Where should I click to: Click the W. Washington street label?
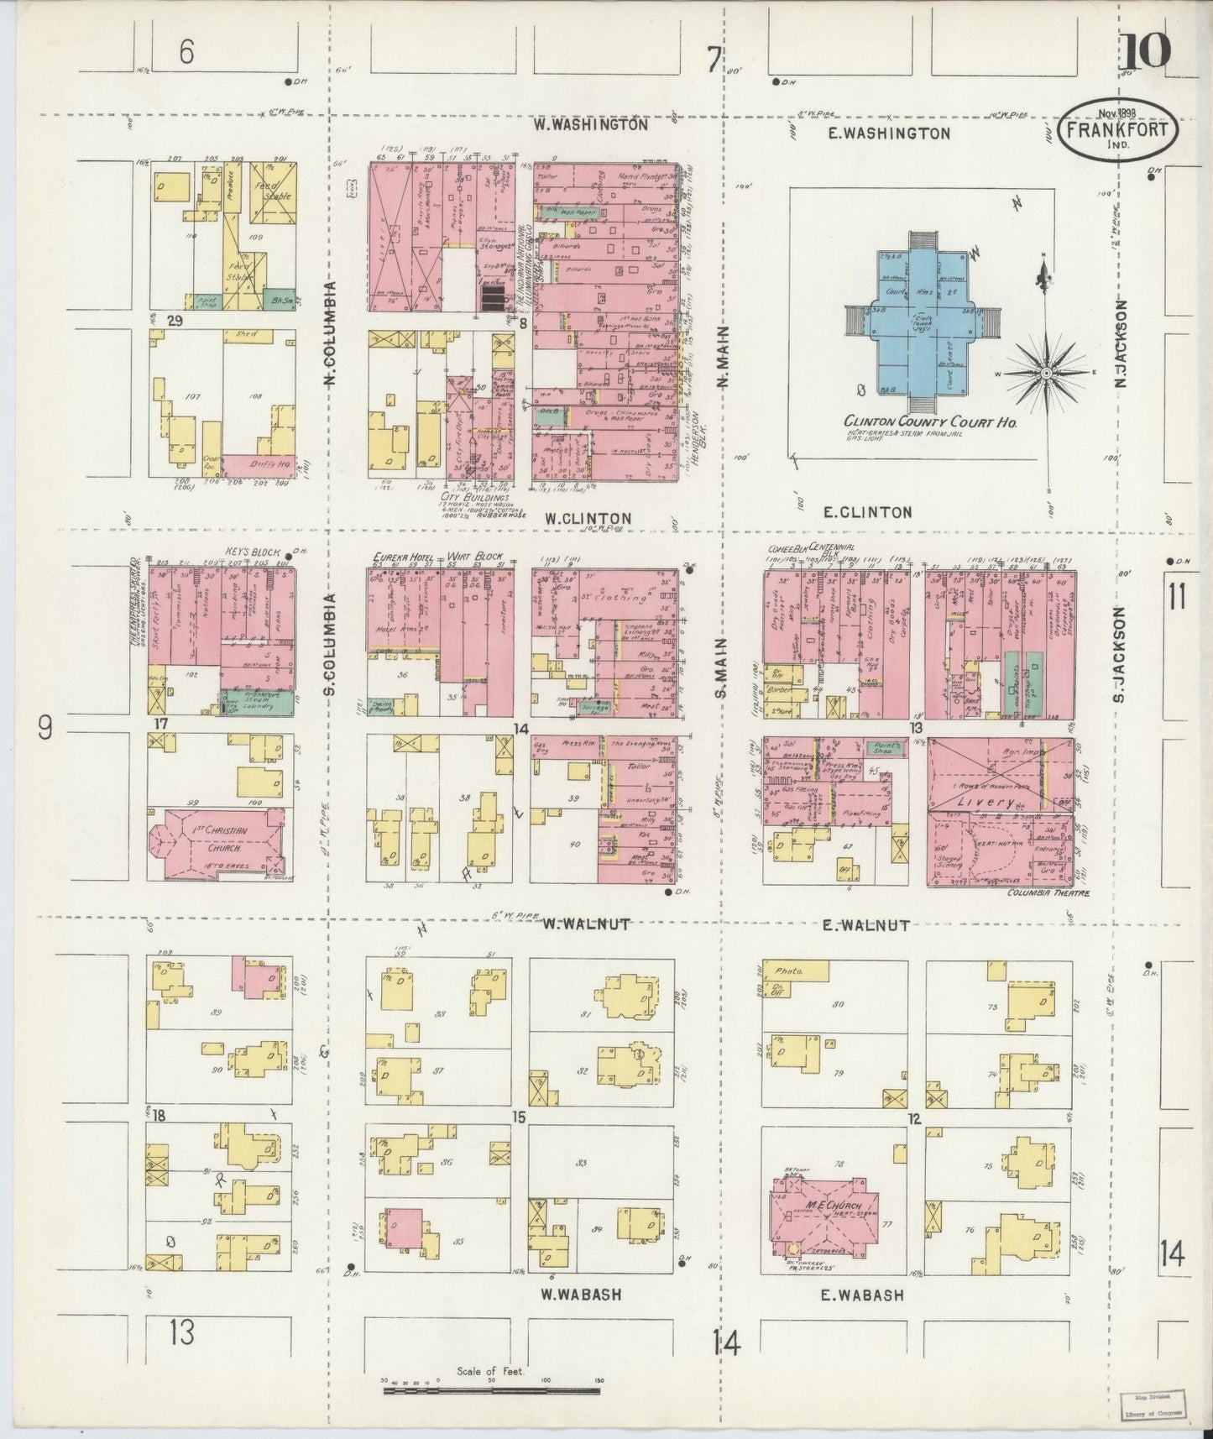[x=591, y=124]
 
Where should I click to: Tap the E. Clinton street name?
[x=866, y=512]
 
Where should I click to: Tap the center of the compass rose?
[x=1048, y=371]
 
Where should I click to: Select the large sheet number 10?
[x=1143, y=52]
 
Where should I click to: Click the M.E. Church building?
[x=826, y=1208]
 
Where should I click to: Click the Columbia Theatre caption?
[x=1048, y=893]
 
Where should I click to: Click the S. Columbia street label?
[x=330, y=644]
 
